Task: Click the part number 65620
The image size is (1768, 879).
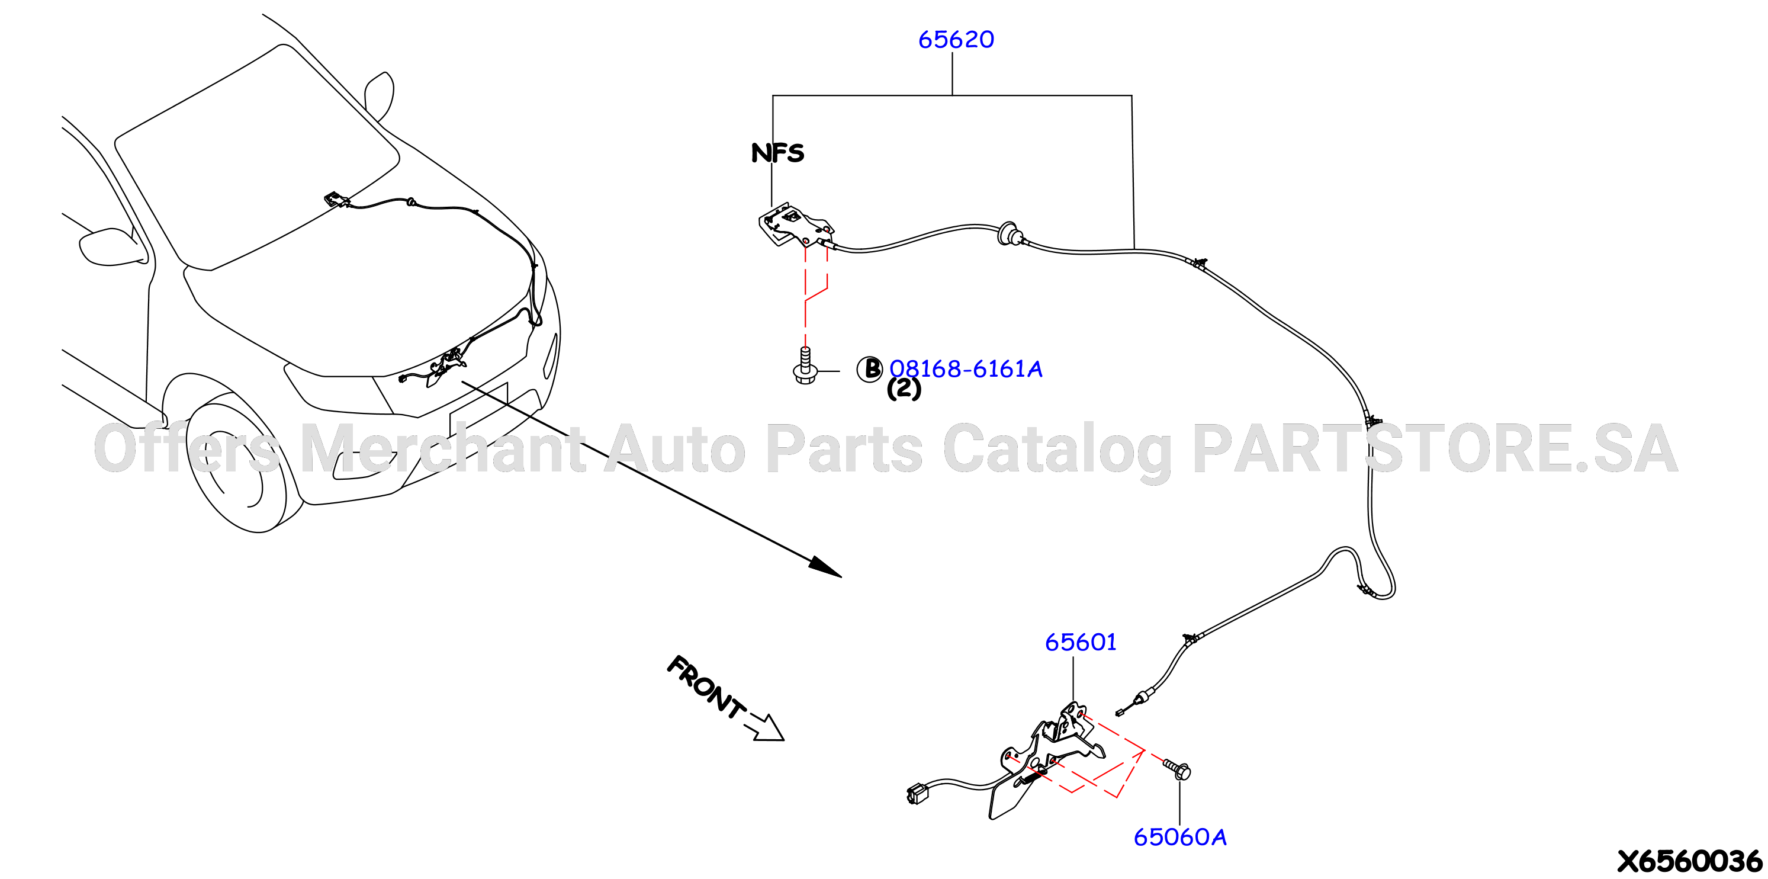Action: (956, 39)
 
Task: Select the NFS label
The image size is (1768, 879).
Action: (777, 152)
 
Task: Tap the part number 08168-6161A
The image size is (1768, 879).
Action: (966, 370)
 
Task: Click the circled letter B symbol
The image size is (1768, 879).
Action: (870, 369)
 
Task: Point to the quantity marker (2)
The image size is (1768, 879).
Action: (904, 389)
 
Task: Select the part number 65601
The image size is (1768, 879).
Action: (1081, 642)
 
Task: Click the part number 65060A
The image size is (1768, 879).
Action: (1180, 837)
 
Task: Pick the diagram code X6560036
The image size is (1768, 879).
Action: (1689, 861)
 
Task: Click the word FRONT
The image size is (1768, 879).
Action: (706, 686)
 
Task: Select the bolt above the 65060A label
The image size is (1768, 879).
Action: (1177, 768)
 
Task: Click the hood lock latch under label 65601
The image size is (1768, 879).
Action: (1047, 759)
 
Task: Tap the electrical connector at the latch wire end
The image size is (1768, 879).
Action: (917, 794)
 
